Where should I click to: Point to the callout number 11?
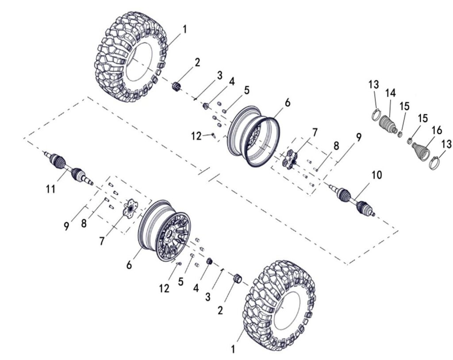pyautogui.click(x=50, y=189)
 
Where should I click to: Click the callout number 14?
pyautogui.click(x=390, y=93)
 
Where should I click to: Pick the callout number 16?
pyautogui.click(x=437, y=130)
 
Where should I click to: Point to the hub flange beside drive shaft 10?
pyautogui.click(x=290, y=159)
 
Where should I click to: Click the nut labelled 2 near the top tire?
pyautogui.click(x=178, y=85)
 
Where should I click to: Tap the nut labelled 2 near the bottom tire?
pyautogui.click(x=237, y=279)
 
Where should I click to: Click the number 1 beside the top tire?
pyautogui.click(x=184, y=30)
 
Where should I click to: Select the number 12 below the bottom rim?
pyautogui.click(x=164, y=288)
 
